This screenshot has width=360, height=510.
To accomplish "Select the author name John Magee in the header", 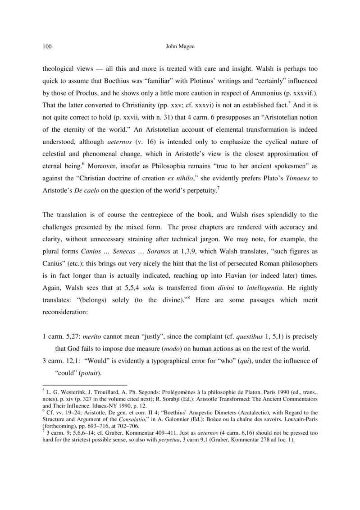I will tap(180, 46).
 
